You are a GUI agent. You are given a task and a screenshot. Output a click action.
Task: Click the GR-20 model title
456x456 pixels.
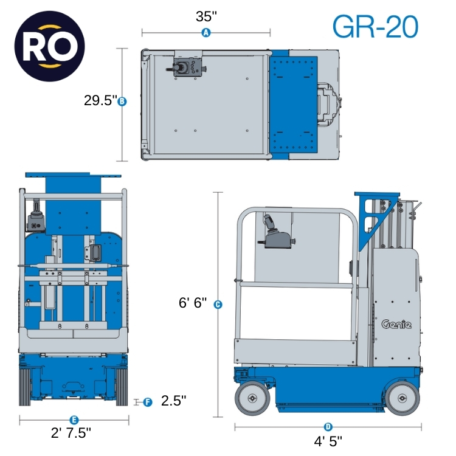375,26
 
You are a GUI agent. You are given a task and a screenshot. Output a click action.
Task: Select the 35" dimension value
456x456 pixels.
207,16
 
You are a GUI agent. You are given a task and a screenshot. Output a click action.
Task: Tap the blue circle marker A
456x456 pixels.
206,33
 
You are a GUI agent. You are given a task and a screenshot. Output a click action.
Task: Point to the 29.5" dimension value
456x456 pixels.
100,102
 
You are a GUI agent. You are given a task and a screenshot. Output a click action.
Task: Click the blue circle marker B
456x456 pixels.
122,102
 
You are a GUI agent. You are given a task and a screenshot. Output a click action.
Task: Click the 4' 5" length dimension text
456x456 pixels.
328,440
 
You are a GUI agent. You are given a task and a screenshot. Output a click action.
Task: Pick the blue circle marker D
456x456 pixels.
328,427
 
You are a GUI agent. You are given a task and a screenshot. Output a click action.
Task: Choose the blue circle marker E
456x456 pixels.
74,420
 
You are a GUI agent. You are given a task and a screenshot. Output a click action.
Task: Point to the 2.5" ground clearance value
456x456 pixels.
173,401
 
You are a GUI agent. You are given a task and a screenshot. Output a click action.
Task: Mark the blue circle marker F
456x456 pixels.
148,402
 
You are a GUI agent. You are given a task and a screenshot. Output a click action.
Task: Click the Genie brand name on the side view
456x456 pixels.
396,324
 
